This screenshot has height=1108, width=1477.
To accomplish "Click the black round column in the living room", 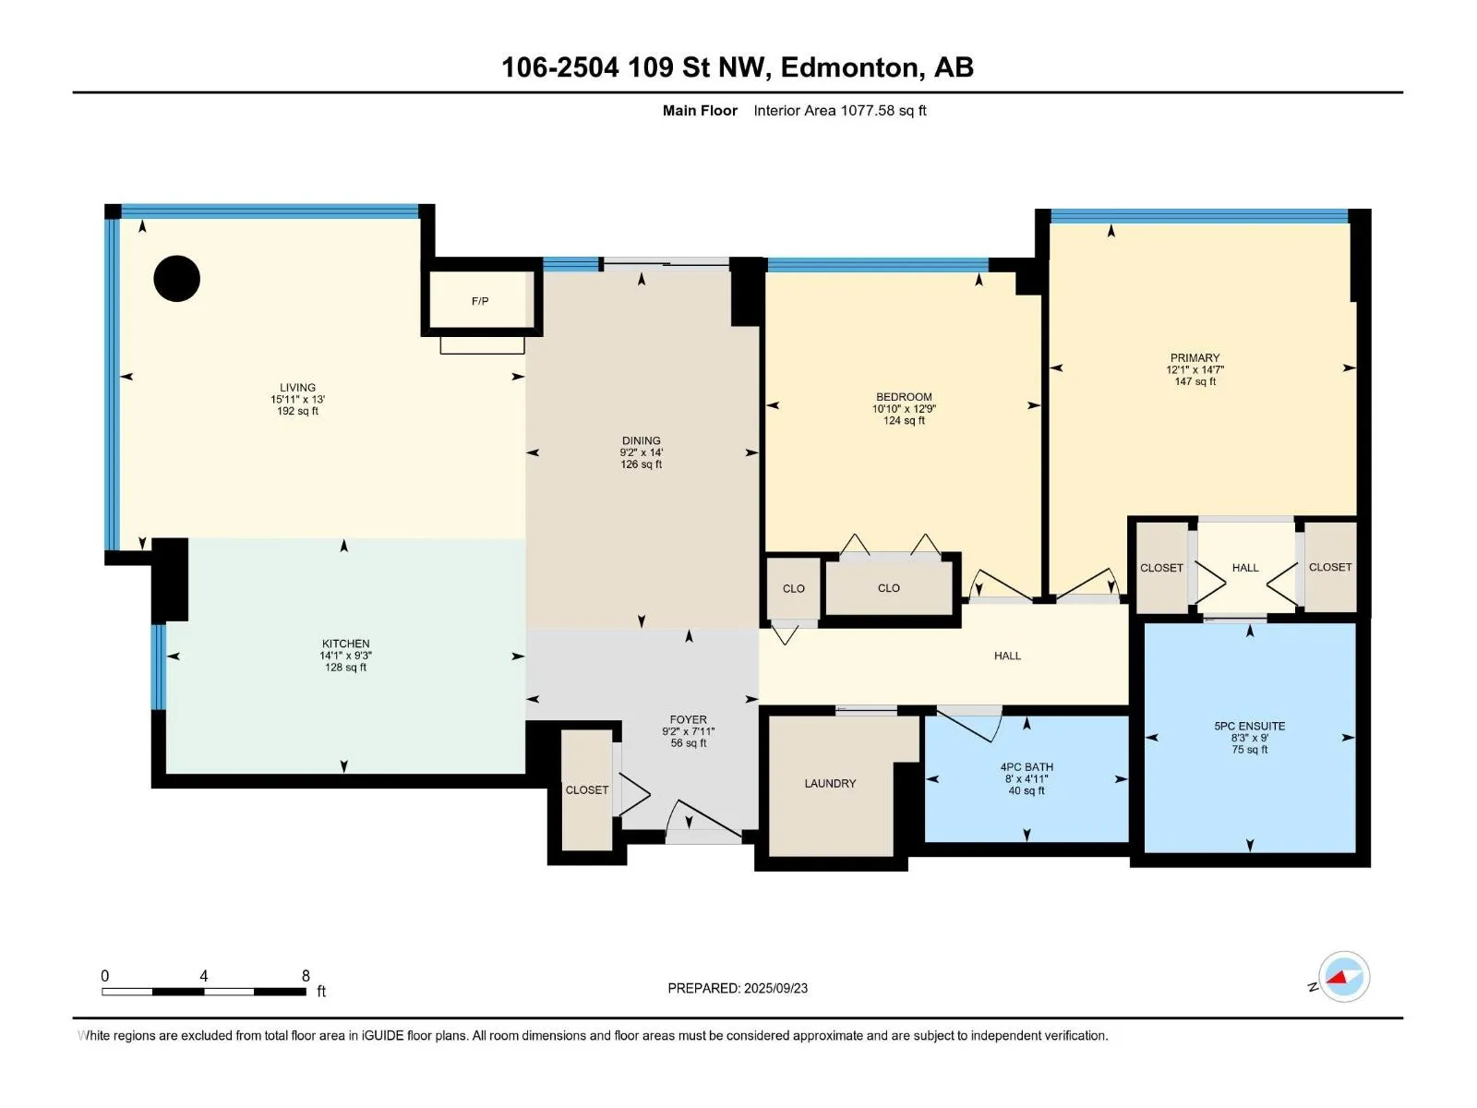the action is pyautogui.click(x=177, y=279).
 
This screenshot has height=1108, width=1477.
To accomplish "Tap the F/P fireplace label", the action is pyautogui.click(x=480, y=301).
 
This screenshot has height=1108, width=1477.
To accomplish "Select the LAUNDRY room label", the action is pyautogui.click(x=830, y=784).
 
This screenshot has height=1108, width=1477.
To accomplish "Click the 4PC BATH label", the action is pyautogui.click(x=1027, y=767).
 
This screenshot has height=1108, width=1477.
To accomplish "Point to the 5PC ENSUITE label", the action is pyautogui.click(x=1250, y=727).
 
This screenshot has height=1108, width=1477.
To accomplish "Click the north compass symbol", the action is pyautogui.click(x=1343, y=977).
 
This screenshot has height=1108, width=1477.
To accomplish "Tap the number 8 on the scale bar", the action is pyautogui.click(x=306, y=976).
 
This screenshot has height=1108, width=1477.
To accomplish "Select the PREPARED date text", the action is pyautogui.click(x=738, y=989).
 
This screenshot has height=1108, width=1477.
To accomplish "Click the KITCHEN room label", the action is pyautogui.click(x=346, y=644).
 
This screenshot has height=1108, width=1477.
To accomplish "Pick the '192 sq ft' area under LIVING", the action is pyautogui.click(x=297, y=411).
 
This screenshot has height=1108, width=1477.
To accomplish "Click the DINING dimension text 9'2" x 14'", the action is pyautogui.click(x=642, y=452).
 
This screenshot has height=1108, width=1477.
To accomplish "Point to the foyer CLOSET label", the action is pyautogui.click(x=587, y=790).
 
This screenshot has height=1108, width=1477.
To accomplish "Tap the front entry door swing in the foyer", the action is pyautogui.click(x=703, y=821).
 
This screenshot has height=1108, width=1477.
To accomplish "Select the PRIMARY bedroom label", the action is pyautogui.click(x=1195, y=358).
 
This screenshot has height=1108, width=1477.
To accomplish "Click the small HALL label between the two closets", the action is pyautogui.click(x=1245, y=569).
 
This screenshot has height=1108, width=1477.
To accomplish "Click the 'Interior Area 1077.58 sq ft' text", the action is pyautogui.click(x=840, y=111).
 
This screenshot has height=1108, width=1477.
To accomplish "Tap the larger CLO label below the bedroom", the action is pyautogui.click(x=889, y=589).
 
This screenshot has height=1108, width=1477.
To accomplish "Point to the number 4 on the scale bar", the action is pyautogui.click(x=204, y=976).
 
